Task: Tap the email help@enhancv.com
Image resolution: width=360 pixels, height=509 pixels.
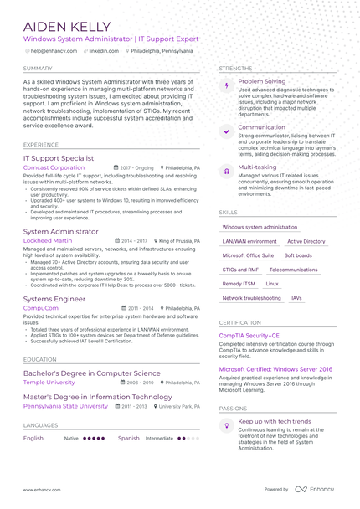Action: (x=54, y=51)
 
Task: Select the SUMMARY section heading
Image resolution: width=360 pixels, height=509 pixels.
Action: (x=38, y=69)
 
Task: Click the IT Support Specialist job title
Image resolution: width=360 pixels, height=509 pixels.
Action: (x=59, y=157)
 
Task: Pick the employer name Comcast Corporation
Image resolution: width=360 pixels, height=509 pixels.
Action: (x=54, y=167)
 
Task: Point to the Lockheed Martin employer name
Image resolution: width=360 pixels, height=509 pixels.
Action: (x=48, y=240)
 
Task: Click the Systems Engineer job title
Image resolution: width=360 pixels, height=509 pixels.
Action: (x=54, y=298)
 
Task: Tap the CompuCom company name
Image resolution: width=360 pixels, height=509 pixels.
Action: (x=41, y=308)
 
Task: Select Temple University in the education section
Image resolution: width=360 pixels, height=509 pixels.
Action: (x=49, y=382)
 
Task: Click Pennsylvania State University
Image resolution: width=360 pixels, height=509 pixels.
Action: (x=65, y=406)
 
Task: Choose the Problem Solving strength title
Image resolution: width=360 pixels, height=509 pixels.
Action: (x=261, y=81)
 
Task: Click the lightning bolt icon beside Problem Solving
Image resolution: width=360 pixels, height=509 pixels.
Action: (x=226, y=85)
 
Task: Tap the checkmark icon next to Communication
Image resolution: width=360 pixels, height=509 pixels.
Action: (x=226, y=131)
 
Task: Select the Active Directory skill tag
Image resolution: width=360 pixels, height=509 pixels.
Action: (x=306, y=241)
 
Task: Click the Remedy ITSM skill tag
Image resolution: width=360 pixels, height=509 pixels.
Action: (x=239, y=284)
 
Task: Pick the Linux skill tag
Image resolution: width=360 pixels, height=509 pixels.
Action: (x=272, y=284)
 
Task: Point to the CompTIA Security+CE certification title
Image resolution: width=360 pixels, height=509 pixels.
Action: (x=249, y=336)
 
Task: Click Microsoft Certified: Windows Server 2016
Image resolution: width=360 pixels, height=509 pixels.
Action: (x=275, y=369)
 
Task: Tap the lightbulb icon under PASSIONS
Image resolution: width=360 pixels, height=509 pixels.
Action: (x=226, y=426)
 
